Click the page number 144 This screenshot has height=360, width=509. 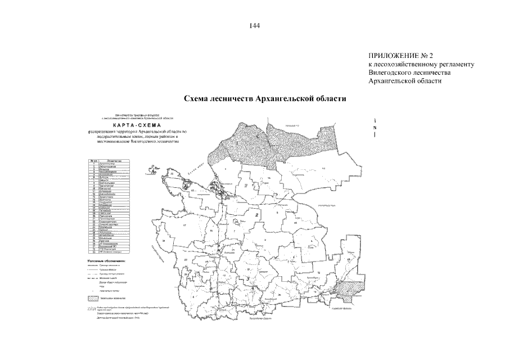254,25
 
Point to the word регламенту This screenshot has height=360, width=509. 457,65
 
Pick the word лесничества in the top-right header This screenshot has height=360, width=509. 434,73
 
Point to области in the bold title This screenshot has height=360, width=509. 330,98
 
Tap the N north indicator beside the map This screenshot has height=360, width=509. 375,128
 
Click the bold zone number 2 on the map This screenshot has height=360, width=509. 256,215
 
